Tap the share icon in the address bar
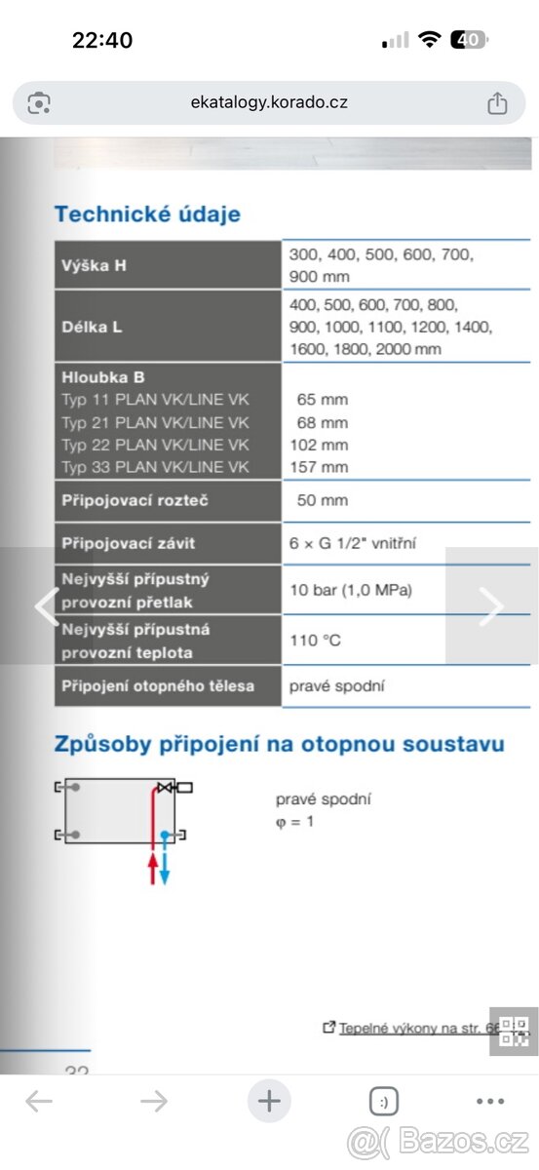496,102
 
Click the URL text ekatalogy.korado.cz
269,102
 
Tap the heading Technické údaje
147,214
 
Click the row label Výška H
95,265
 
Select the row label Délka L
93,327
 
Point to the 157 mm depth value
319,467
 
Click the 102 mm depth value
319,445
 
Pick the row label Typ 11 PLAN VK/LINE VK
155,400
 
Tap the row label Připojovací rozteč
135,500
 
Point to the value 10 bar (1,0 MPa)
351,590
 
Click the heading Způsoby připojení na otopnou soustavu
279,745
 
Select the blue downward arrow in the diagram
165,868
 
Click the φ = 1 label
294,821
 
